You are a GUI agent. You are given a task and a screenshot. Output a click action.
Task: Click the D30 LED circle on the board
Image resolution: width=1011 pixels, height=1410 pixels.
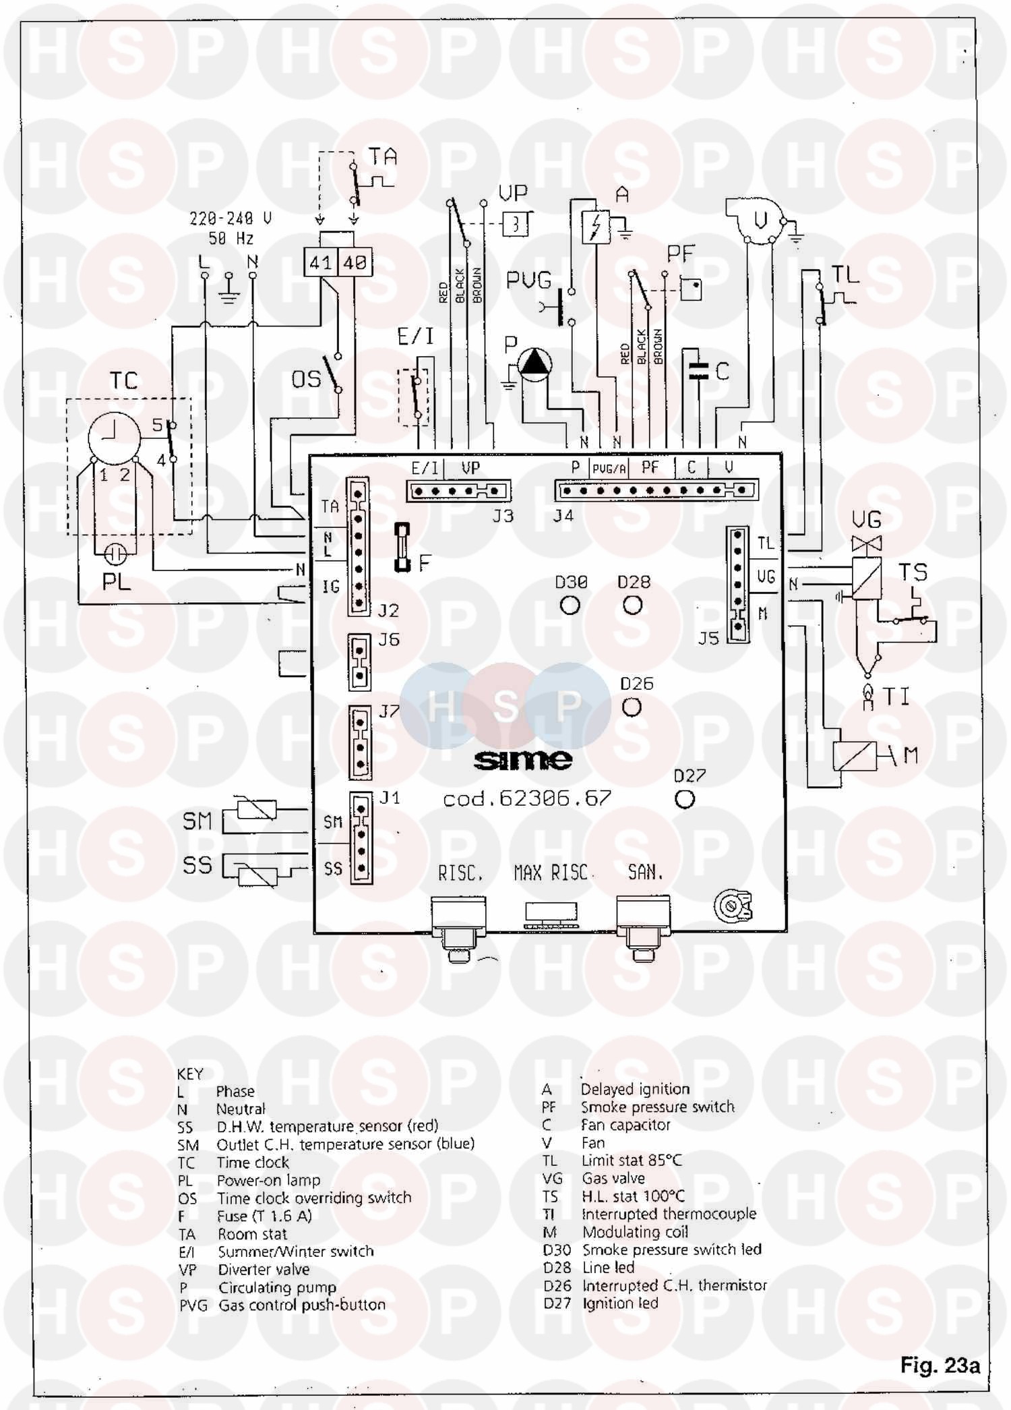(570, 605)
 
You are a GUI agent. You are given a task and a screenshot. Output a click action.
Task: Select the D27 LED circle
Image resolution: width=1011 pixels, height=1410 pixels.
(685, 799)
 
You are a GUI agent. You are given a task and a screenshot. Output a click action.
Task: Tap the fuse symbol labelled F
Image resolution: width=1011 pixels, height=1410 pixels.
(402, 547)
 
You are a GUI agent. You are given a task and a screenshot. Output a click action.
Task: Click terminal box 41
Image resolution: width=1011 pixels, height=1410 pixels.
(320, 262)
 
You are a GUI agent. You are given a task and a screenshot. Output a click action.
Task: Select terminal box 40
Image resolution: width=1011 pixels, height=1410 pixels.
(355, 262)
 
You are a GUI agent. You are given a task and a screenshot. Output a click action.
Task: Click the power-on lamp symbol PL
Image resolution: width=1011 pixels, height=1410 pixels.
(117, 554)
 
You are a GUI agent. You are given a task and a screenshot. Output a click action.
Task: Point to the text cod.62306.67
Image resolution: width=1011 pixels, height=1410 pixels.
(527, 800)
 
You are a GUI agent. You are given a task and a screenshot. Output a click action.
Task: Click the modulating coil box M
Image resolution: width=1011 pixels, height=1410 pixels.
(855, 756)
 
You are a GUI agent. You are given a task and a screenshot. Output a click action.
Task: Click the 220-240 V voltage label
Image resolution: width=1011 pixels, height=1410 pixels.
(231, 218)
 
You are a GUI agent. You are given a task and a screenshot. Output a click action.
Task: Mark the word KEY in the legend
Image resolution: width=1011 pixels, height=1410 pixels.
(190, 1074)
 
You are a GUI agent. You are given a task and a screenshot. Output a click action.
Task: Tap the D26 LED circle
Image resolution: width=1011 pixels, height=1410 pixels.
(632, 707)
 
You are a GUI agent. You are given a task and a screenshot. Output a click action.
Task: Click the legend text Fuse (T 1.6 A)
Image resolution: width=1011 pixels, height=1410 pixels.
(264, 1216)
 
